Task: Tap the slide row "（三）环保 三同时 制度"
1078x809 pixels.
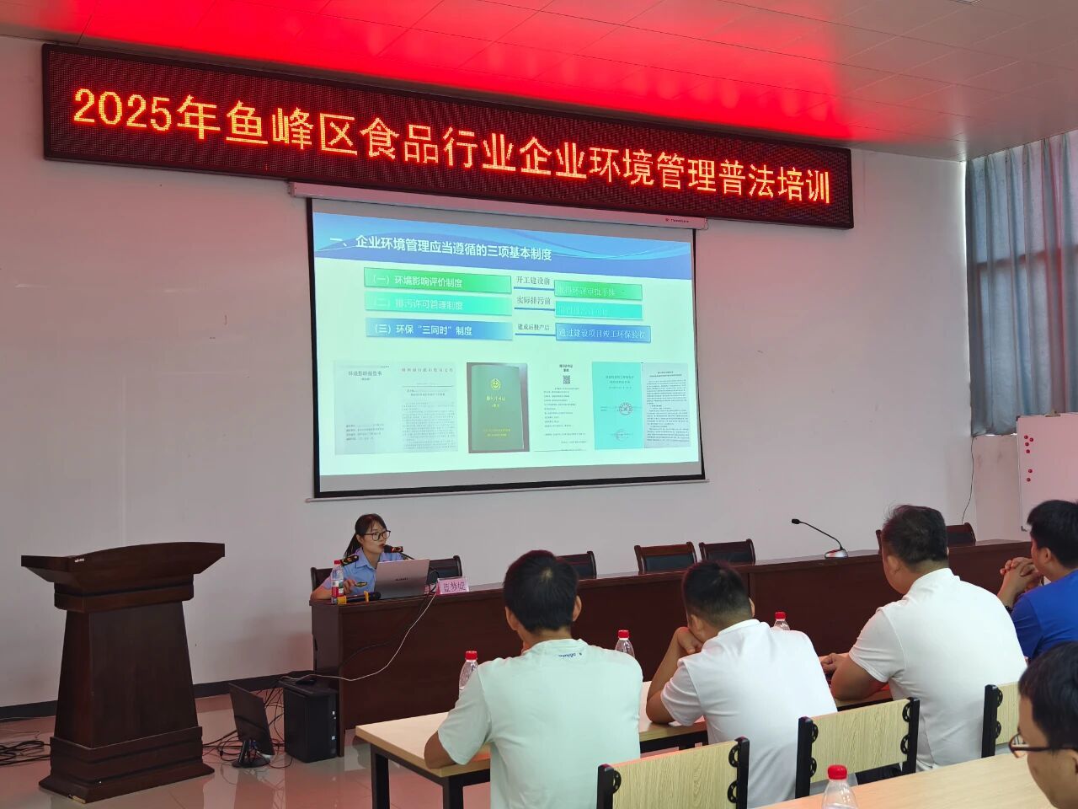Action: [439, 329]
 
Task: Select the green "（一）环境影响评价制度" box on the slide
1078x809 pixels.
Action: [438, 279]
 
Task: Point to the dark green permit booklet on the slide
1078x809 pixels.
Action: [497, 407]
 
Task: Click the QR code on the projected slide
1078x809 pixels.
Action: [566, 380]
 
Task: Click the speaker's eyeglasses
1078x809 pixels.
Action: [376, 534]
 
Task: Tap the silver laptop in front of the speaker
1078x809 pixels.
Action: [401, 579]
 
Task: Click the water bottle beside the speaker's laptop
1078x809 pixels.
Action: [338, 582]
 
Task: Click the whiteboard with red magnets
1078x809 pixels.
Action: [1046, 463]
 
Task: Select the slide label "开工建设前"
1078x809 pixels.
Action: [533, 281]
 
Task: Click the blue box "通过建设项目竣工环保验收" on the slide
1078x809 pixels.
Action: [604, 334]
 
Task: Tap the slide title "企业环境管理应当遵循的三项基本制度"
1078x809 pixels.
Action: [455, 245]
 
